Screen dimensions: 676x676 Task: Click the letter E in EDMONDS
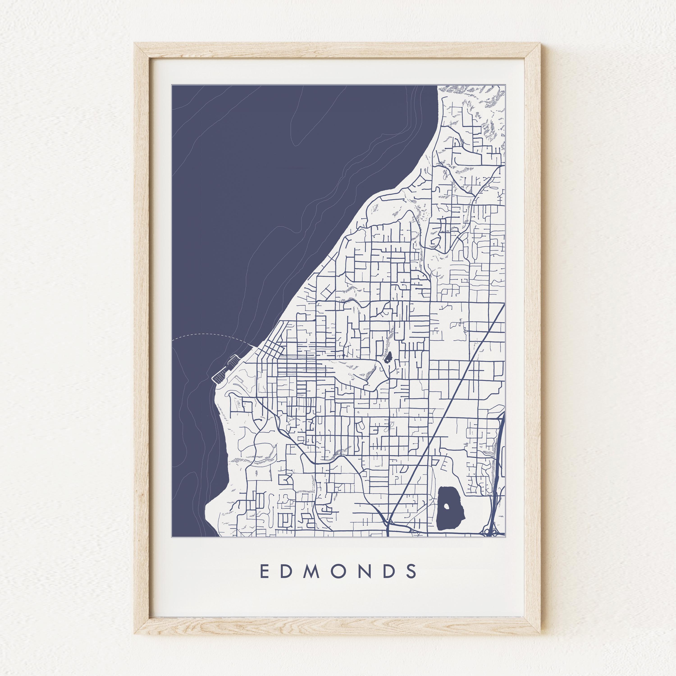pos(265,571)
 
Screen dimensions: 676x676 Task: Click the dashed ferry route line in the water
pos(210,335)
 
